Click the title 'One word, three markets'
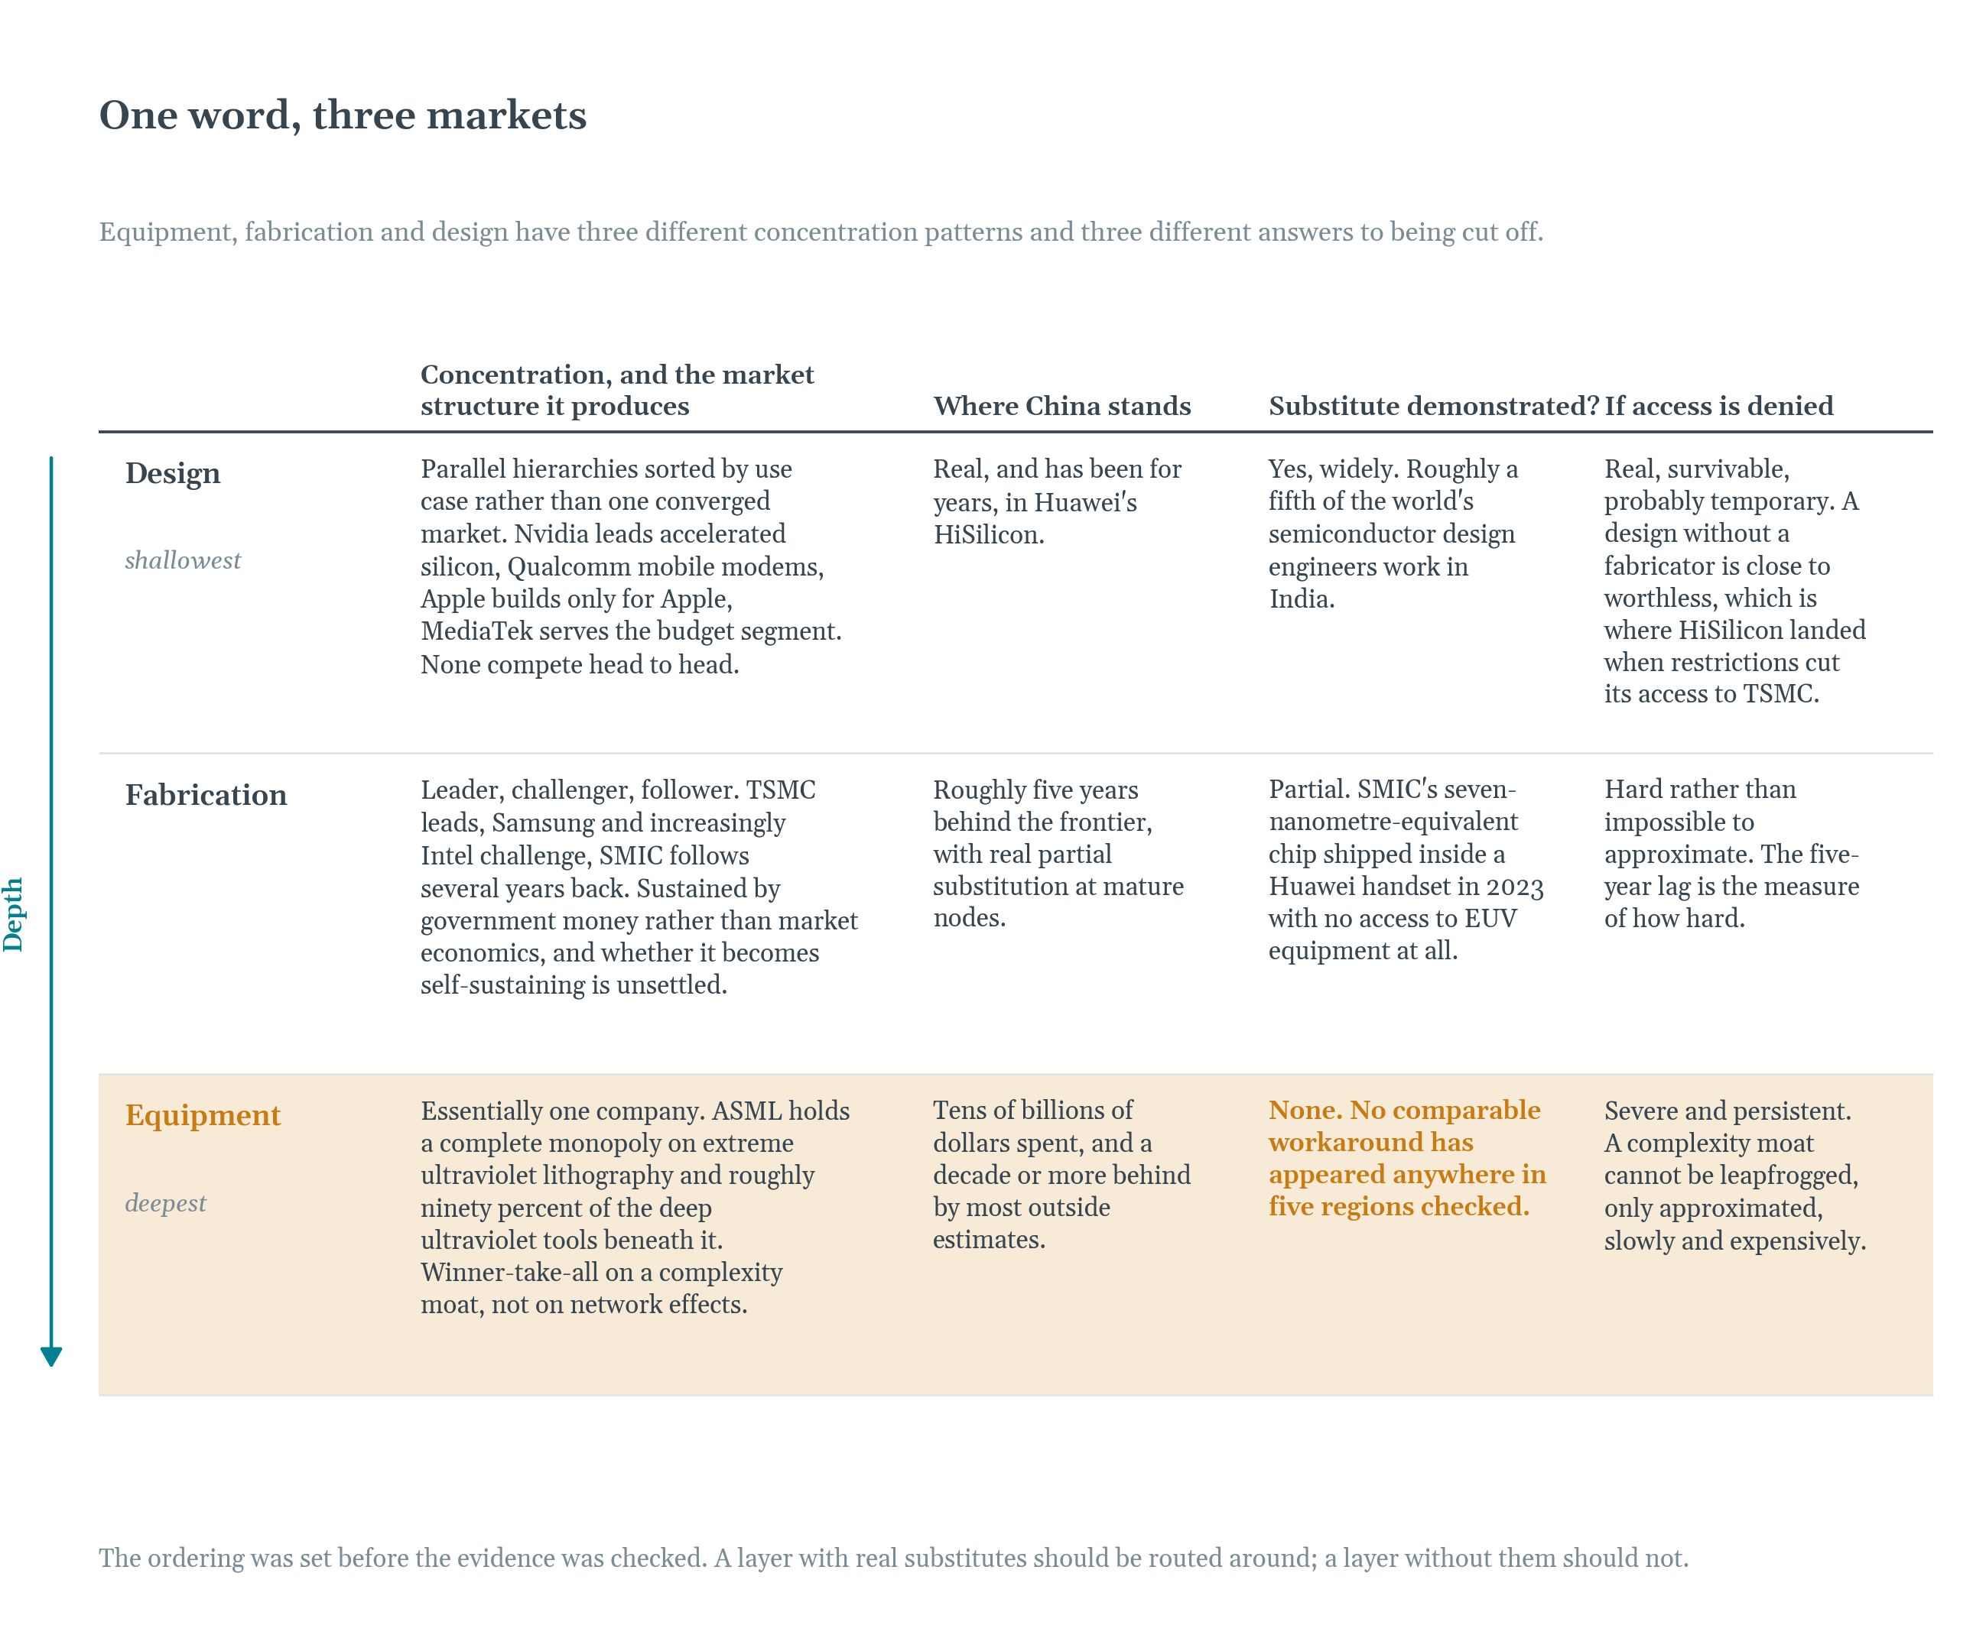click(x=343, y=115)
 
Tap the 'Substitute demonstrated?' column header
click(x=1434, y=406)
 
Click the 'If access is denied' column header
click(x=1718, y=406)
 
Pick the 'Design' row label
click(x=173, y=473)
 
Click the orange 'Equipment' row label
click(x=203, y=1116)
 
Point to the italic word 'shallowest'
click(x=184, y=561)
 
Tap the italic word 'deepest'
click(x=165, y=1204)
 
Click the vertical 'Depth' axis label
click(x=13, y=915)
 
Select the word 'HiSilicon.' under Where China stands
click(x=988, y=535)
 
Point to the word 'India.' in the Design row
click(x=1302, y=599)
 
